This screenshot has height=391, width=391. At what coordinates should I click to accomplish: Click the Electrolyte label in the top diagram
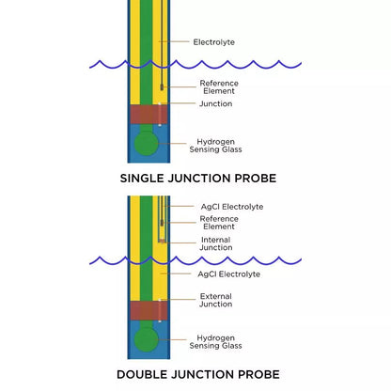coord(213,42)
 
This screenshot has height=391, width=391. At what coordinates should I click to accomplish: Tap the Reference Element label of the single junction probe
coord(217,86)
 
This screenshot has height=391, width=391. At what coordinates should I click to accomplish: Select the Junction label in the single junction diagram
coord(216,104)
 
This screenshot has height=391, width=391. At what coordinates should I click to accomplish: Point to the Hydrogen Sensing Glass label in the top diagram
coord(215,145)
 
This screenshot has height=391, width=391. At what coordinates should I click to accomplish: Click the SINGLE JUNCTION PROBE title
coord(197,177)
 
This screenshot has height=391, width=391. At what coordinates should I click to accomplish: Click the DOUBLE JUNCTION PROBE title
coord(197,374)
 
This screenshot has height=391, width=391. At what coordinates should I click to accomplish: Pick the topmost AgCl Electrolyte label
coord(231,207)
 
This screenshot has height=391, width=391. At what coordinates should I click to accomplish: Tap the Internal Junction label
coord(215,243)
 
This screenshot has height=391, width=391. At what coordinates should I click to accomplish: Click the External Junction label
coord(215,300)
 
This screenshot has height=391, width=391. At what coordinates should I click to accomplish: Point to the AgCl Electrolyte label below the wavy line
coord(228,274)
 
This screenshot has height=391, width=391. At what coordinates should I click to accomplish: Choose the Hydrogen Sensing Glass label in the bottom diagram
coord(215,342)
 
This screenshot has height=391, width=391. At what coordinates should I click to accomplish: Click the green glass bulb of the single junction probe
coord(145,143)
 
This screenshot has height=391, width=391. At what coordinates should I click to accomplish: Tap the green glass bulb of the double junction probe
coord(145,338)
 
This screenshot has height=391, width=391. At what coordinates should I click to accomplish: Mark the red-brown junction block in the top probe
coord(145,115)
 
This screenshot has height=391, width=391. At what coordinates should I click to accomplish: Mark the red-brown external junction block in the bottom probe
coord(145,310)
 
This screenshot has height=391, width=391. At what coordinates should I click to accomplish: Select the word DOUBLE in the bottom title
coord(146,374)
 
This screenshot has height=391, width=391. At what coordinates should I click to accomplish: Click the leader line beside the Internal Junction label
coord(180,242)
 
